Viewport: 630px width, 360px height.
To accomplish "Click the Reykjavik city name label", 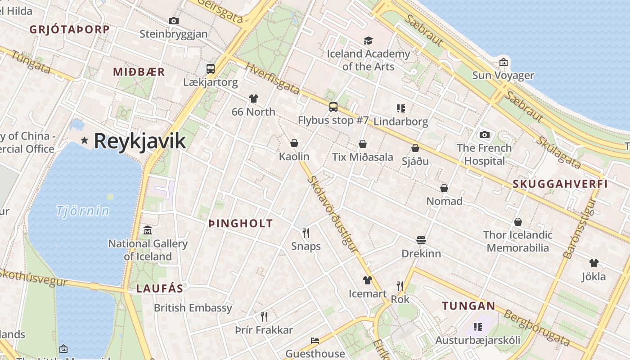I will (139, 141).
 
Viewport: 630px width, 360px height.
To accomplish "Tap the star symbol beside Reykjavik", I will (84, 140).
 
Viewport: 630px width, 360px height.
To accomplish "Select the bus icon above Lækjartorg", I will (211, 69).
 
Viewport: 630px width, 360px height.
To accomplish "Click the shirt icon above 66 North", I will (253, 98).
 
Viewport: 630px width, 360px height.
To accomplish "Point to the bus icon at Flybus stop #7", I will (333, 107).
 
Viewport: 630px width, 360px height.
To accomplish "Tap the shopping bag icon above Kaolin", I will (294, 143).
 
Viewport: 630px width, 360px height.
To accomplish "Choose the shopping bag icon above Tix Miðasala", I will (362, 144).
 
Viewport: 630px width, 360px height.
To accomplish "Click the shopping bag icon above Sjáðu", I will (415, 148).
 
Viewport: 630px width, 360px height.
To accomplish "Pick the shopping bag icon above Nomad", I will (444, 188).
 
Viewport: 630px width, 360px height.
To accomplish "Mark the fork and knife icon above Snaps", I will (306, 232).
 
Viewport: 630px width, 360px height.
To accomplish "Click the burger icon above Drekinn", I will (421, 240).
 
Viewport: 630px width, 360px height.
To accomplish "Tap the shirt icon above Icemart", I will (367, 280).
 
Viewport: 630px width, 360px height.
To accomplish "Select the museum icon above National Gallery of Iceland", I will (148, 230).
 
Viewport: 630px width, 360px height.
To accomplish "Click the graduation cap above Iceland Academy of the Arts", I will (368, 41).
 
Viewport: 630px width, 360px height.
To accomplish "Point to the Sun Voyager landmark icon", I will (503, 62).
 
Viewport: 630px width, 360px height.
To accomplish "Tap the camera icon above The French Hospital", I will (484, 135).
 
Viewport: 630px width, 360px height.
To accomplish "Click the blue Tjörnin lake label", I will (83, 211).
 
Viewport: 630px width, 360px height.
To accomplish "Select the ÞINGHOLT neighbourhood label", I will (241, 223).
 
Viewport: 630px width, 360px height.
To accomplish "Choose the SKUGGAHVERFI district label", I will (560, 184).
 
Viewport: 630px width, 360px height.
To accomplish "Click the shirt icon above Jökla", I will (594, 263).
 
